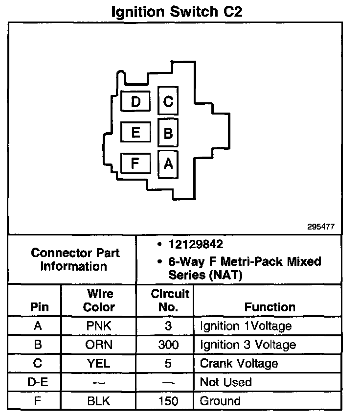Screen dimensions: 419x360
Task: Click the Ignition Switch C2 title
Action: pyautogui.click(x=177, y=11)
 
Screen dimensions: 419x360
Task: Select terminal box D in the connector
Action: pyautogui.click(x=135, y=102)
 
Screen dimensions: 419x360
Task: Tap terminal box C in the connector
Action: pyautogui.click(x=168, y=102)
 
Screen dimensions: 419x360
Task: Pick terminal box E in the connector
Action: pyautogui.click(x=135, y=132)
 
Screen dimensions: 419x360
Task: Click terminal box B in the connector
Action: pyautogui.click(x=168, y=133)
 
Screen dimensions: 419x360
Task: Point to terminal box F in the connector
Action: pyautogui.click(x=135, y=163)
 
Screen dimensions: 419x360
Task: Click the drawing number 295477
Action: pyautogui.click(x=321, y=227)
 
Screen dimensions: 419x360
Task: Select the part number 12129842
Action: pyautogui.click(x=196, y=244)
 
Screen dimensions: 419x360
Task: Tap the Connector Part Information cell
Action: pyautogui.click(x=75, y=260)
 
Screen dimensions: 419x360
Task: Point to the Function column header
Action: pyautogui.click(x=270, y=307)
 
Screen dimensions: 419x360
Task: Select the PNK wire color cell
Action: pyautogui.click(x=99, y=326)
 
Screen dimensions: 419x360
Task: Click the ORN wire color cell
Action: pyautogui.click(x=99, y=345)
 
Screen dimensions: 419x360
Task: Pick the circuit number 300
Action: pyautogui.click(x=168, y=345)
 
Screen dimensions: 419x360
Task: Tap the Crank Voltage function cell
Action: pyautogui.click(x=239, y=363)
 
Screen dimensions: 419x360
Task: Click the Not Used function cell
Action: pyautogui.click(x=225, y=382)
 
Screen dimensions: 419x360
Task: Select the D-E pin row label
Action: pyautogui.click(x=37, y=382)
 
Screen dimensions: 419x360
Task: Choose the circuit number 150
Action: pyautogui.click(x=168, y=401)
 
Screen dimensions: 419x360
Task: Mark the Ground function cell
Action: pyautogui.click(x=220, y=401)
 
